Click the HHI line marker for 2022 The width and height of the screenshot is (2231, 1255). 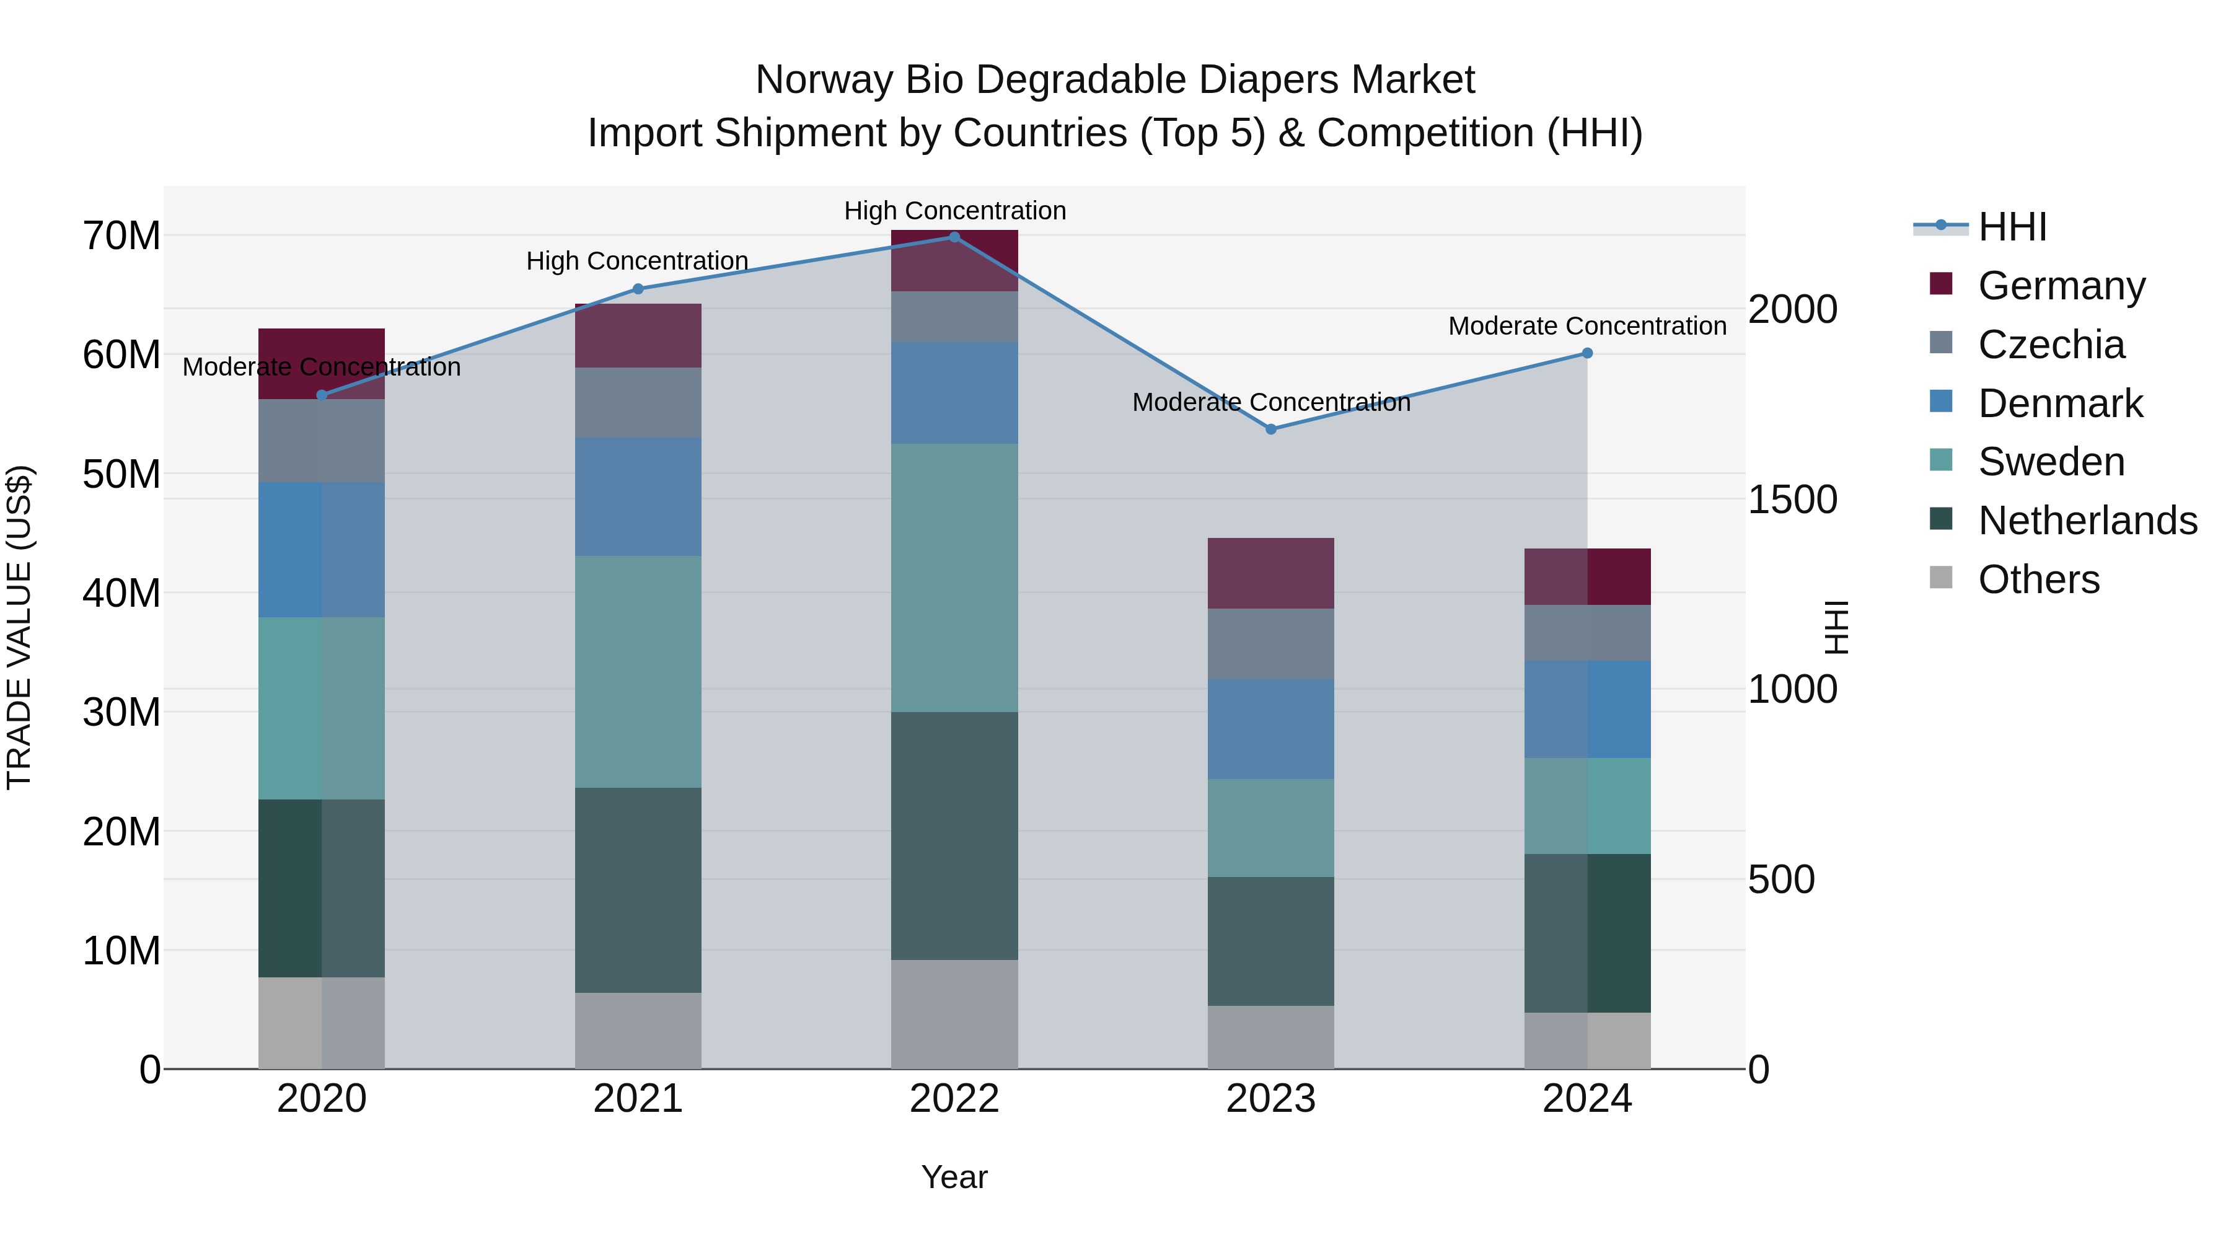954,237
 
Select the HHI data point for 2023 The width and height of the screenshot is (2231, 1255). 1270,429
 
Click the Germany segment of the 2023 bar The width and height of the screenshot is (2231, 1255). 1270,573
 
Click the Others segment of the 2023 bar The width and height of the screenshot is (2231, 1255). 1270,1037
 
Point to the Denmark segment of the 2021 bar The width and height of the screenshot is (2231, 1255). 638,497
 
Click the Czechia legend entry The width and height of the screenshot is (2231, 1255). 2051,345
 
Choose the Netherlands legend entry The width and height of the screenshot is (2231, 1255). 2087,521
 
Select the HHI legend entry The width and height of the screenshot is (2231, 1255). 2012,227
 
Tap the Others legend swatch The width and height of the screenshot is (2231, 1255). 1942,578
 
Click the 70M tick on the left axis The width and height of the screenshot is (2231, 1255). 121,236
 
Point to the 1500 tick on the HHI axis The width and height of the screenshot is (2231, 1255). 1792,500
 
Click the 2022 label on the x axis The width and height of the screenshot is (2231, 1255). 954,1099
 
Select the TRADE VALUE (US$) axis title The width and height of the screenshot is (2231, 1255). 20,627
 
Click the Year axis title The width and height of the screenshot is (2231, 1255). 954,1177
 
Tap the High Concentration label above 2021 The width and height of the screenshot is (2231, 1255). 638,261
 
